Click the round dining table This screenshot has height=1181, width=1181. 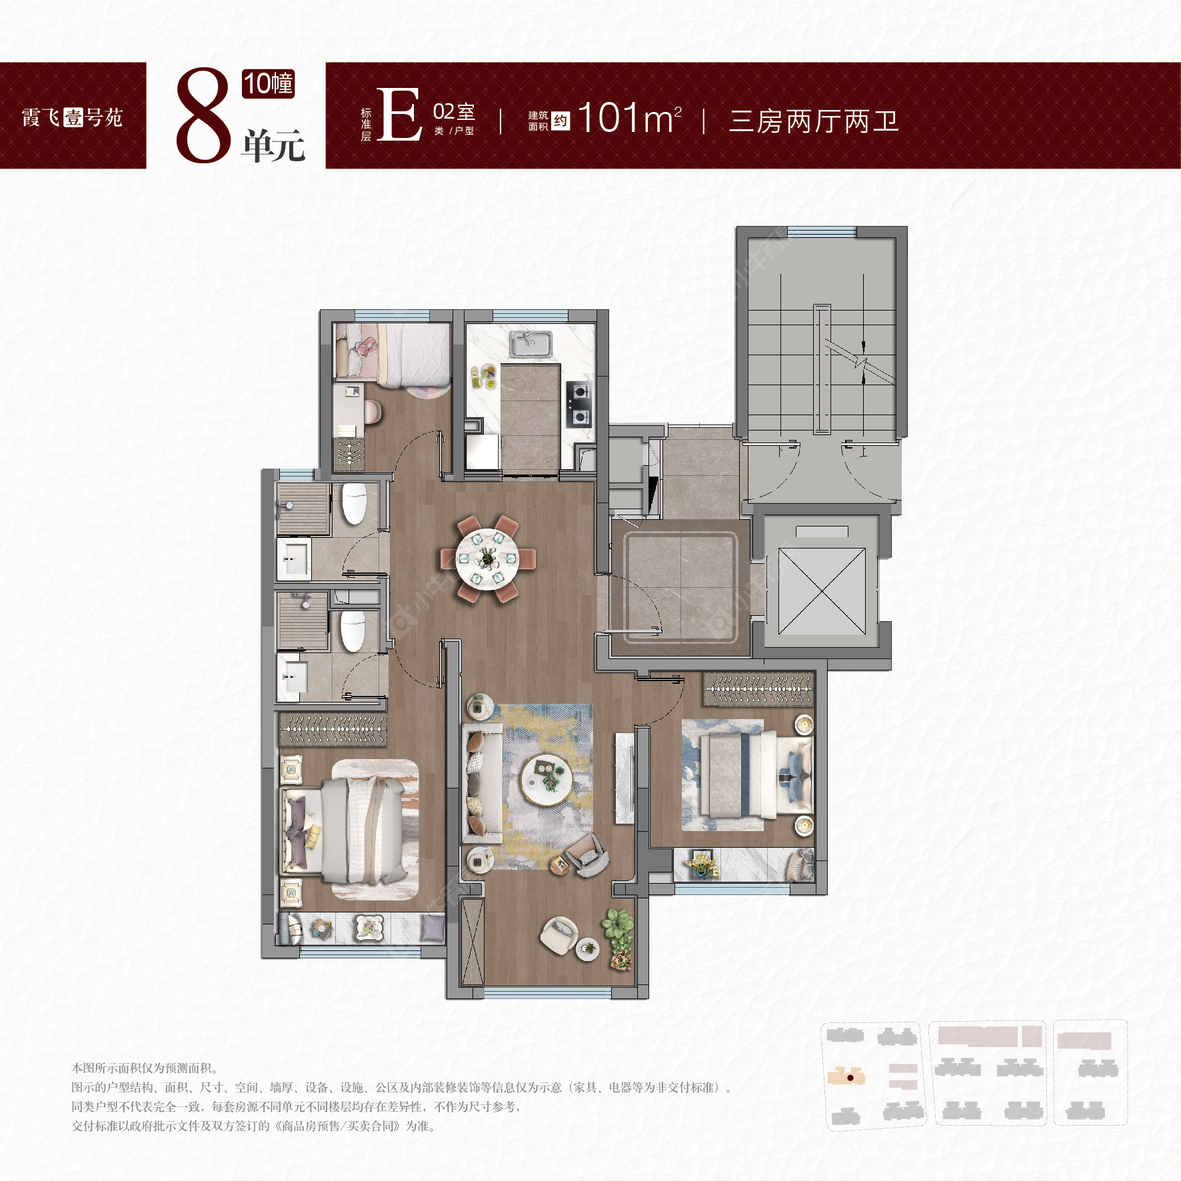click(487, 559)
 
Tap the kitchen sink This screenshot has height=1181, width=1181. click(531, 345)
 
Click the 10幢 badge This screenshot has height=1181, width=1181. click(268, 84)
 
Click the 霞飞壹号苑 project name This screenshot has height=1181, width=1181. click(72, 118)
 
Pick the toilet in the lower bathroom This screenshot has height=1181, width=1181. click(353, 630)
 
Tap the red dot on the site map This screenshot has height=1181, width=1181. click(850, 1077)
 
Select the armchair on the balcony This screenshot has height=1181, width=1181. click(559, 934)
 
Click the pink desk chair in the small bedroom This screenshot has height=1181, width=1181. click(372, 412)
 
